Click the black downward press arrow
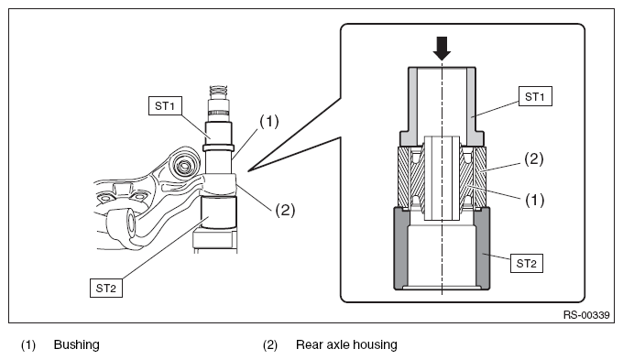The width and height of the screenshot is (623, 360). pyautogui.click(x=443, y=48)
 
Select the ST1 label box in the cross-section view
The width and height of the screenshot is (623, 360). pyautogui.click(x=535, y=96)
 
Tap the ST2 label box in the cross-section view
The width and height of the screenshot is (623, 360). pyautogui.click(x=527, y=263)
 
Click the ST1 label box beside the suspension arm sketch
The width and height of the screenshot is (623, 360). pyautogui.click(x=165, y=105)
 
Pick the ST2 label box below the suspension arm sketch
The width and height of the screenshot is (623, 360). pyautogui.click(x=106, y=288)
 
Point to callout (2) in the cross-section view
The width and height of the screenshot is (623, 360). pyautogui.click(x=533, y=159)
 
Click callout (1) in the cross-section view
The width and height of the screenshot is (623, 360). pyautogui.click(x=534, y=200)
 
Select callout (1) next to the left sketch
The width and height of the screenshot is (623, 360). pyautogui.click(x=269, y=121)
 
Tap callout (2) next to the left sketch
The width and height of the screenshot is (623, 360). pyautogui.click(x=285, y=210)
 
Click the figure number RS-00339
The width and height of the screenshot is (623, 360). pyautogui.click(x=586, y=315)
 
